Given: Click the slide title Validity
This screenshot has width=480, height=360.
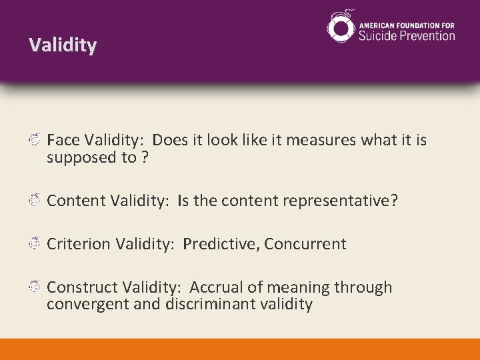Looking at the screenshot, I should [x=63, y=45].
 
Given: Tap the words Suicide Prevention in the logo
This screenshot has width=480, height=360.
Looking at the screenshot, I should [x=407, y=35].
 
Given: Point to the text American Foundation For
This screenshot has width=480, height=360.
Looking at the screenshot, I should [x=407, y=24].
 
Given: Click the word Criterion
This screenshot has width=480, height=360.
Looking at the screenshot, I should [x=79, y=244].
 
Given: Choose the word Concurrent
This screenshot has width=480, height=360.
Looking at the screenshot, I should [x=305, y=244].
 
